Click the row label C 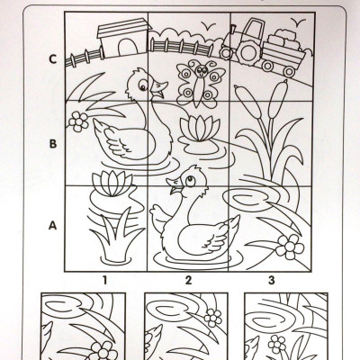pos(53,59)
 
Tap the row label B pos(53,144)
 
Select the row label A pos(52,225)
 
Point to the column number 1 pos(104,280)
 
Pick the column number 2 pos(188,280)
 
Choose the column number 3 pos(272,280)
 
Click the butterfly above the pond pos(201,84)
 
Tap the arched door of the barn pos(128,48)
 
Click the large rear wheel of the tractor pos(248,53)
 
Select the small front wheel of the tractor pos(226,53)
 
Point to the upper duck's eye pos(143,85)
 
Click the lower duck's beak pos(173,186)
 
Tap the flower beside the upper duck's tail pos(78,121)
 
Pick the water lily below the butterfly pos(200,128)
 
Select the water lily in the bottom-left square pos(112,184)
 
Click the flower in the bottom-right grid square pos(290,247)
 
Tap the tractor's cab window pos(254,30)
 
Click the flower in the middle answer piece pos(213,318)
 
